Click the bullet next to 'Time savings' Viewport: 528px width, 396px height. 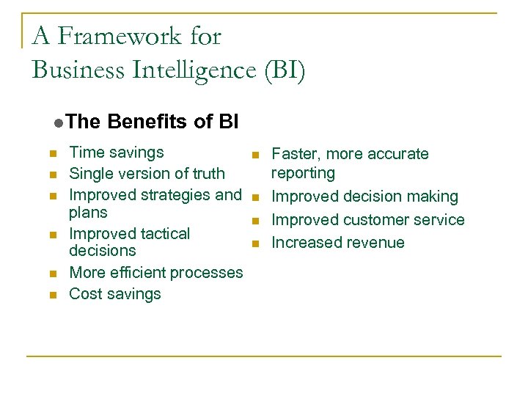52,154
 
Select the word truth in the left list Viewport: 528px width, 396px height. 208,174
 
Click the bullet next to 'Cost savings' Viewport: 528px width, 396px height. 52,295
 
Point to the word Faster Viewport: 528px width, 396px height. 295,154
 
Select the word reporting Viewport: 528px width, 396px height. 303,173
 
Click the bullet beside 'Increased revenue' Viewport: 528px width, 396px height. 254,243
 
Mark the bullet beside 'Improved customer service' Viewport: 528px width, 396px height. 254,221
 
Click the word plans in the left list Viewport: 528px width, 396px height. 88,213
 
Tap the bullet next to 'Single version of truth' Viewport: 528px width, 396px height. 52,175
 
